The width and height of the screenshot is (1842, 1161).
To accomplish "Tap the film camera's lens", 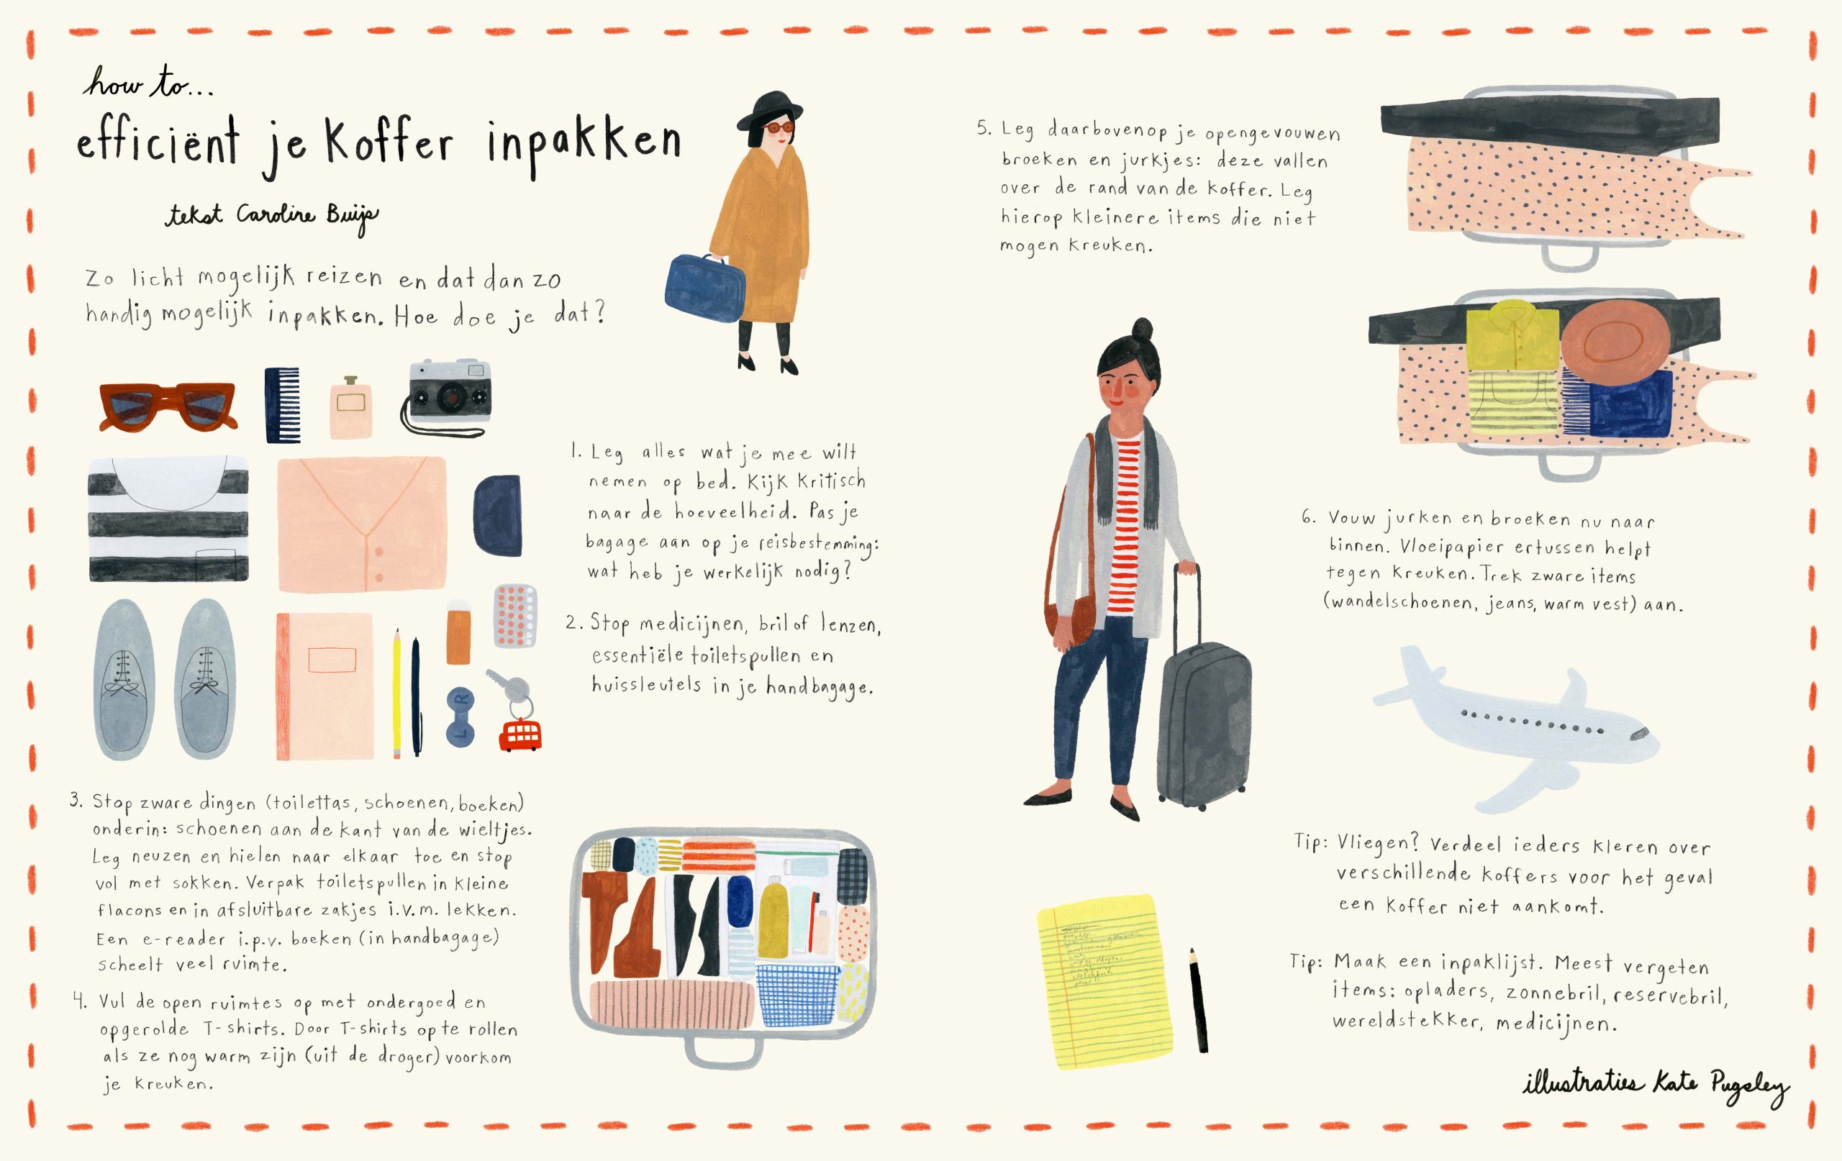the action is [x=446, y=399].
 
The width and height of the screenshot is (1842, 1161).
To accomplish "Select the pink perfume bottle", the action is [x=351, y=408].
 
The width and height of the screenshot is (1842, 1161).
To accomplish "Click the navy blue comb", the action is [x=281, y=404].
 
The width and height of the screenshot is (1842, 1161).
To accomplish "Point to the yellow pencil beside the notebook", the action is [x=397, y=693].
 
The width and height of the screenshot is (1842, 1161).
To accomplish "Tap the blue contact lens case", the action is [x=460, y=716].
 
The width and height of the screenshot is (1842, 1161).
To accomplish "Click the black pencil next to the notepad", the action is [x=1198, y=1001].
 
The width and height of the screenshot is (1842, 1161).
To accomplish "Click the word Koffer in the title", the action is [x=389, y=143].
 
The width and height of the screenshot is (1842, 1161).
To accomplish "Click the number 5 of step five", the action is [x=983, y=129].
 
